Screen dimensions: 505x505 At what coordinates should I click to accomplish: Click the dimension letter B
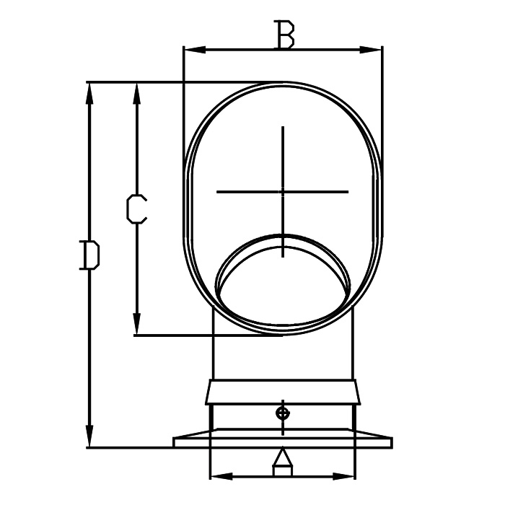click(x=284, y=34)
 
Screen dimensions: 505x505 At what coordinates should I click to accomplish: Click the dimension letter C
click(x=136, y=208)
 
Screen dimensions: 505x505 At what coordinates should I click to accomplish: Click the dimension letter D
click(x=90, y=255)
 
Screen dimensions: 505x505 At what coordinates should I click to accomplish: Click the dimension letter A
click(x=283, y=461)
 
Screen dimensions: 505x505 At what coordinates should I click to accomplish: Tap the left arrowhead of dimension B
click(x=194, y=50)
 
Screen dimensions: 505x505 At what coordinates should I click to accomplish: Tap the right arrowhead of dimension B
click(x=371, y=50)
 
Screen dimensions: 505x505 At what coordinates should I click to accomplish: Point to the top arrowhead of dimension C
click(x=137, y=93)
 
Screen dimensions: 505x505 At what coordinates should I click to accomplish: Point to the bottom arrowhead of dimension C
click(x=137, y=324)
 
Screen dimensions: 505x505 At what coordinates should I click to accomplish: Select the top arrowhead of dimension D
click(x=89, y=93)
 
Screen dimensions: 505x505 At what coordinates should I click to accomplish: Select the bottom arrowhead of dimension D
click(x=89, y=436)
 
